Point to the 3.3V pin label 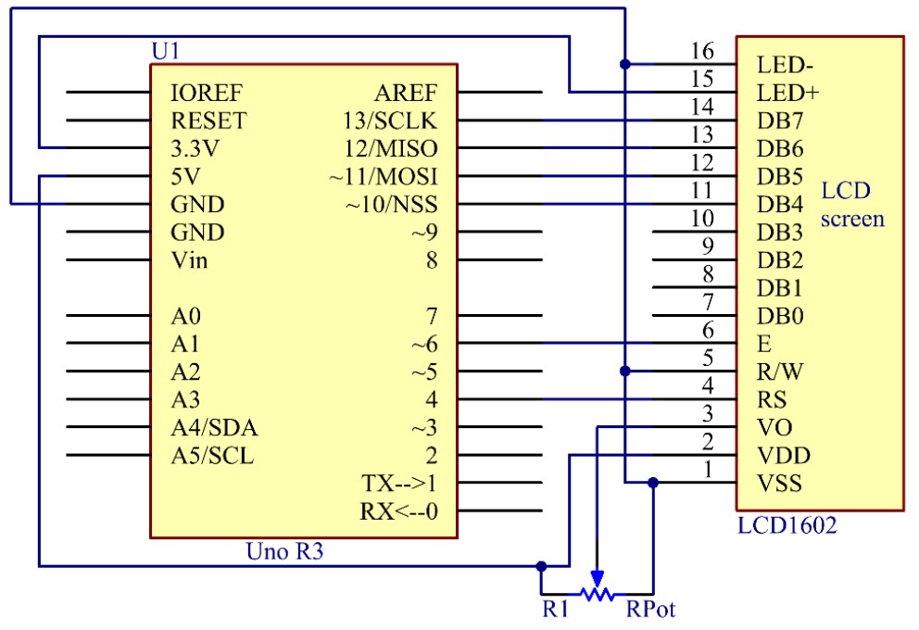coord(196,148)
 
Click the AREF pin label coord(405,93)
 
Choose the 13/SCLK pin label coord(389,120)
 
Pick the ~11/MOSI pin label coord(384,176)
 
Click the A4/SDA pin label coord(215,428)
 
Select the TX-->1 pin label coord(398,484)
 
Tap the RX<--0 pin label coord(398,511)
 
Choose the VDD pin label coord(783,456)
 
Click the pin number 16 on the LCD coord(703,51)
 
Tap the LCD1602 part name coord(787,526)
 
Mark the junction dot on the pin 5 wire coord(625,371)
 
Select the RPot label coord(650,610)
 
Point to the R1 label coord(555,610)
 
